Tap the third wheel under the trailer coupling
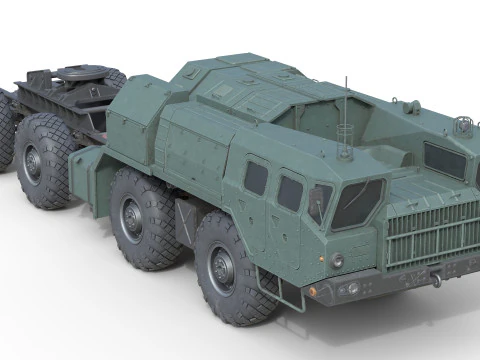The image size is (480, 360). (45, 160)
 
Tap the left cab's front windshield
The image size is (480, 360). (356, 203)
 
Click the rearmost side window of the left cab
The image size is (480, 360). (256, 177)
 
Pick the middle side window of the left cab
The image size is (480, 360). (290, 192)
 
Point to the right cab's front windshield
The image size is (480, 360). (444, 160)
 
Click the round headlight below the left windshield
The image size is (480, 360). (338, 261)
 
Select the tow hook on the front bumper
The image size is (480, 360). (437, 280)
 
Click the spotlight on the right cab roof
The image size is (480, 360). (463, 126)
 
